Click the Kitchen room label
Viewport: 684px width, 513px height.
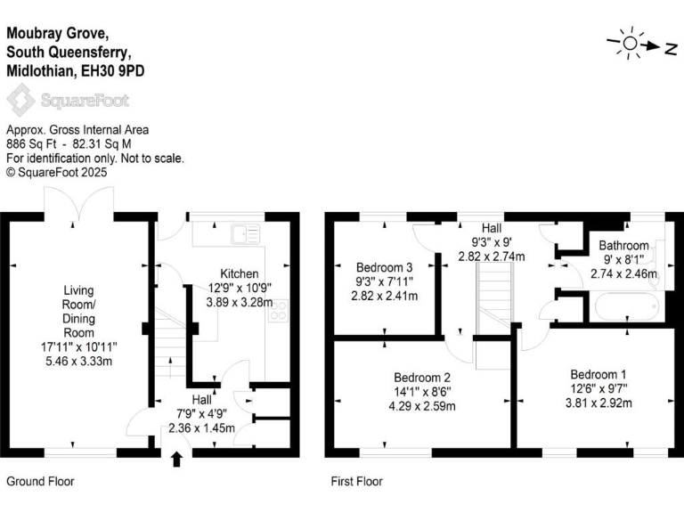[x=240, y=273]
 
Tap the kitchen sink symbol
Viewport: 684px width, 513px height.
[x=245, y=234]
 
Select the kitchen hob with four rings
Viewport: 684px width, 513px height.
[x=278, y=311]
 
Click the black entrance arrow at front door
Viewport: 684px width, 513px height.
[x=175, y=459]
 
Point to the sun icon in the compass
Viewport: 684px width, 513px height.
[x=630, y=43]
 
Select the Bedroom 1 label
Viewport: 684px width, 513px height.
[x=598, y=373]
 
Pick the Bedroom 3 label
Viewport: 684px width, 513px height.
[x=384, y=267]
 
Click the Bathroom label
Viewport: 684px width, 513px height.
[x=623, y=245]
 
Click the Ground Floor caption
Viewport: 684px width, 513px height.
[x=40, y=481]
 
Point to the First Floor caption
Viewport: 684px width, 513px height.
[x=356, y=481]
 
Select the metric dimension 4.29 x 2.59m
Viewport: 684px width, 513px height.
[x=423, y=406]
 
